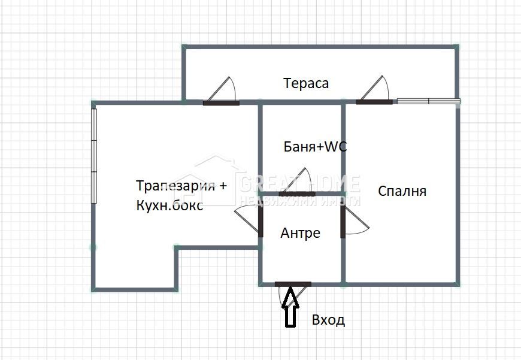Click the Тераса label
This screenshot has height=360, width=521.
point(306,83)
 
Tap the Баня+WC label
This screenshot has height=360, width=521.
point(315,147)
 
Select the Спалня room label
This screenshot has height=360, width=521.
point(402,191)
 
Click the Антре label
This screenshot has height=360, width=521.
point(300,233)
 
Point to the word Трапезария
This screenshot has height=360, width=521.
point(174,185)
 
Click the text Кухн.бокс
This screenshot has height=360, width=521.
point(169,205)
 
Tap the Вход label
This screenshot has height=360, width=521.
point(328,320)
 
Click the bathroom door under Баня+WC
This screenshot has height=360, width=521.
point(297,193)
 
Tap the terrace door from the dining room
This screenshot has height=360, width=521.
point(221,102)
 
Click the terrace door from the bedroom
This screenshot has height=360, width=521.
point(374,101)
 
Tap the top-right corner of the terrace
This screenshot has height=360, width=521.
point(457,46)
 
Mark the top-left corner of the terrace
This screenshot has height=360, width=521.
point(184,46)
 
